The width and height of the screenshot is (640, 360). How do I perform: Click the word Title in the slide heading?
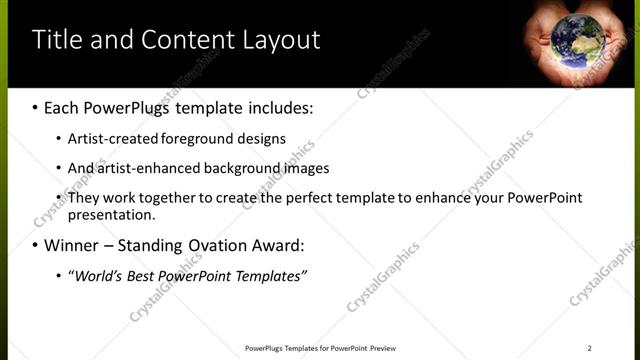coord(58,40)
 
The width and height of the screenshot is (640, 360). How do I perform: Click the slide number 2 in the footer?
coord(589,348)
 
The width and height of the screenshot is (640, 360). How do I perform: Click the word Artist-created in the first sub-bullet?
coord(113,139)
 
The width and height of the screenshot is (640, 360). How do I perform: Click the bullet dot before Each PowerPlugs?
coord(36,106)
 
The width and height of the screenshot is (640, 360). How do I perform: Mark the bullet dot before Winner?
coord(36,245)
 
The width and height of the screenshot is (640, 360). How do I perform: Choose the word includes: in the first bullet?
coord(278,105)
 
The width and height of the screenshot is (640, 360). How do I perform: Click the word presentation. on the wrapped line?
coord(111,214)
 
